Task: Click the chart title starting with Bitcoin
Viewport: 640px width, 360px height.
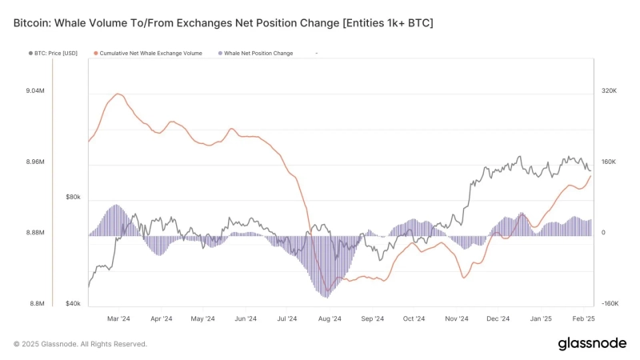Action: [223, 23]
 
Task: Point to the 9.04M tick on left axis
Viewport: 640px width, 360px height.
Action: [35, 91]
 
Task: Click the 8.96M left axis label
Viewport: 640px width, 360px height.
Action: [35, 162]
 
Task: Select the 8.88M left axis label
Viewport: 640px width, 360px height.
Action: [35, 233]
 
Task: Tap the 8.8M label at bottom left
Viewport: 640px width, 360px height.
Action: [37, 304]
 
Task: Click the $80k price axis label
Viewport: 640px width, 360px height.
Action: [73, 197]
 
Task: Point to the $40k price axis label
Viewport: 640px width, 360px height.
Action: [73, 304]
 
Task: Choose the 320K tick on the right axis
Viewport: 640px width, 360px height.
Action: [608, 91]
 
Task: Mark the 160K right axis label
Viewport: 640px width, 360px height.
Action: [608, 162]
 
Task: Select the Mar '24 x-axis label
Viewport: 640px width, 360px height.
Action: [118, 318]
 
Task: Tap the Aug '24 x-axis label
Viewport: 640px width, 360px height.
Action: [330, 318]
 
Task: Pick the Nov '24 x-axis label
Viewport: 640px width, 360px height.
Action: [456, 318]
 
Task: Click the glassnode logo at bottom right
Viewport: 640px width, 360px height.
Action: [591, 344]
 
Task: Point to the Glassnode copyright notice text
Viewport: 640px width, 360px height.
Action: [80, 344]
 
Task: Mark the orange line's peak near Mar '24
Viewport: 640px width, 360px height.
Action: [118, 94]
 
